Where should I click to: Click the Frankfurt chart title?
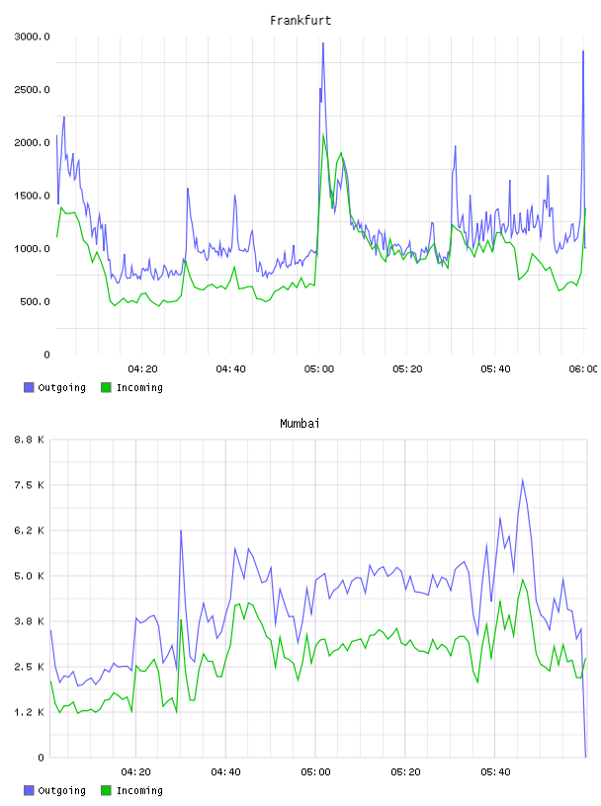coord(300,21)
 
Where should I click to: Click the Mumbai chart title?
coord(300,424)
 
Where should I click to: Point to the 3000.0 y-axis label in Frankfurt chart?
coord(32,37)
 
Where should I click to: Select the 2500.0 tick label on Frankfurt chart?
coord(32,90)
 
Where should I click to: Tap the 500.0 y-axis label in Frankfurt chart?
coord(35,301)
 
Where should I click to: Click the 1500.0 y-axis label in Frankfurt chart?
coord(32,196)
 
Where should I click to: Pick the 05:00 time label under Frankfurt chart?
coord(319,368)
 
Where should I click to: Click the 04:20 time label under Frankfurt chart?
coord(142,368)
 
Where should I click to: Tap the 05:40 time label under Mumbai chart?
coord(495,771)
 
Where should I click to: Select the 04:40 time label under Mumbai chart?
coord(226,771)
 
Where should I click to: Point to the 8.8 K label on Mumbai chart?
coord(30,440)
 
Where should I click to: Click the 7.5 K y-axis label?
coord(30,485)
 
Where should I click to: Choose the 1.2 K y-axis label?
coord(30,712)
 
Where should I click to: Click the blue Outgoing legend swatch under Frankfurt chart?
coord(29,387)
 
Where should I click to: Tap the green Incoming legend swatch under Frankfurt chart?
coord(106,387)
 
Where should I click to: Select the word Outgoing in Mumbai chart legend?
coord(61,790)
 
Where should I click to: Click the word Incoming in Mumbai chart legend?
coord(139,790)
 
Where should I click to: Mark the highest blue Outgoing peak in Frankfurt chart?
coord(323,43)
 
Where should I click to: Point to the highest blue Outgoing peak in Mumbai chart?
coord(522,480)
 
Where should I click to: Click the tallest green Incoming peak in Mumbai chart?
coord(523,580)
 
